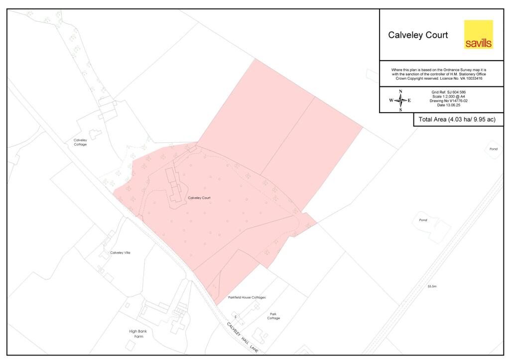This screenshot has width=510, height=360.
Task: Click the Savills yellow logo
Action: click(478, 34)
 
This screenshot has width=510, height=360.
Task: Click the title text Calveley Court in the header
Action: click(418, 35)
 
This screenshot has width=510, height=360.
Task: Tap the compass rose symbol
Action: click(400, 100)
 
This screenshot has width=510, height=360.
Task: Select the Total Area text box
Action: click(457, 120)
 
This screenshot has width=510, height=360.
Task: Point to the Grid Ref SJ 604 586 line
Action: click(448, 93)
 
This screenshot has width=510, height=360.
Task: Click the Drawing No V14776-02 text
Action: click(448, 101)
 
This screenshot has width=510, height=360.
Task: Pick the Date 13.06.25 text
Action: click(448, 105)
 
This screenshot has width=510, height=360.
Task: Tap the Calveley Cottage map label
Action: click(80, 142)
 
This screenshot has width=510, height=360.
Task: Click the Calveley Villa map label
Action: click(120, 253)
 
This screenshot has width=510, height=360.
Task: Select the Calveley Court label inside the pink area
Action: click(199, 198)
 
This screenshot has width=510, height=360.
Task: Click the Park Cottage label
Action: click(273, 316)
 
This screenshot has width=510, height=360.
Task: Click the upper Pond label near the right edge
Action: click(493, 149)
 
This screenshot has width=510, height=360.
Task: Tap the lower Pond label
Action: click(423, 220)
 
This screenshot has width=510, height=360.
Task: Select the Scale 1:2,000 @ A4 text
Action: click(448, 97)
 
